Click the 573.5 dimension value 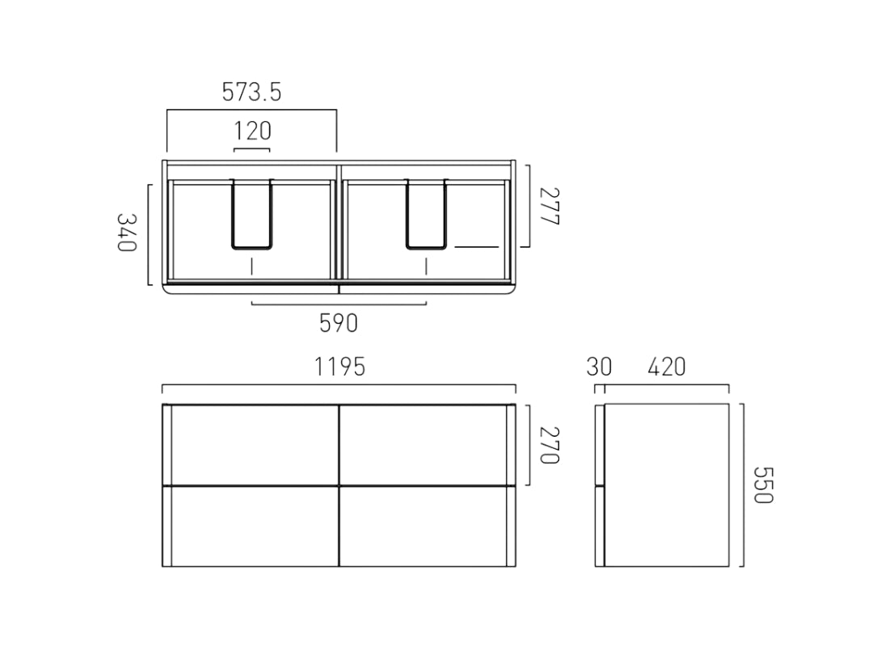click(251, 93)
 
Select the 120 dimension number click(252, 130)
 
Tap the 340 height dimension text click(128, 233)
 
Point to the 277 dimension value click(549, 206)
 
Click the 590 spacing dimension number click(338, 324)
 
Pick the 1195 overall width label click(339, 367)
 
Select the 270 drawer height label click(549, 445)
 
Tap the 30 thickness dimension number click(599, 367)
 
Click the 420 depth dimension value click(666, 367)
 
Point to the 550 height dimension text click(764, 484)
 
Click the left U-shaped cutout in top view click(252, 214)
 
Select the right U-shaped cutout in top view click(426, 214)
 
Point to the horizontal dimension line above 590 click(339, 304)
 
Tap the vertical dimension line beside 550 click(743, 484)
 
